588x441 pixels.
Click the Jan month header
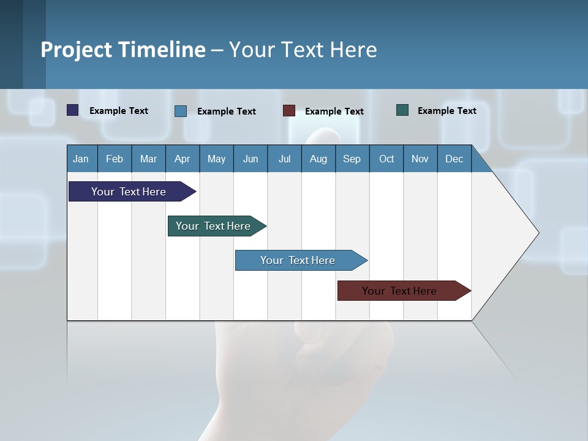pyautogui.click(x=81, y=159)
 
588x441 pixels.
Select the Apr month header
pyautogui.click(x=183, y=159)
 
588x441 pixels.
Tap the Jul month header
pyautogui.click(x=284, y=159)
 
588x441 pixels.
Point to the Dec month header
pyautogui.click(x=454, y=159)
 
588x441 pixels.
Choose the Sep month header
pyautogui.click(x=352, y=159)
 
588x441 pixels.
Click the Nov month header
pyautogui.click(x=420, y=159)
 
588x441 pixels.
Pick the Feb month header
pyautogui.click(x=115, y=159)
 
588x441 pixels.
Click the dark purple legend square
pyautogui.click(x=72, y=110)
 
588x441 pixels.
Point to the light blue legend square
pyautogui.click(x=180, y=111)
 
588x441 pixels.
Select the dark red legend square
pyautogui.click(x=288, y=111)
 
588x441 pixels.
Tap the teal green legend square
pyautogui.click(x=402, y=110)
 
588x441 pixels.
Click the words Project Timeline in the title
pyautogui.click(x=123, y=50)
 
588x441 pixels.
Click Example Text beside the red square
pyautogui.click(x=334, y=111)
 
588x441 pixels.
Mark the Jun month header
pyautogui.click(x=251, y=159)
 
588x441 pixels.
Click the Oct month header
pyautogui.click(x=386, y=159)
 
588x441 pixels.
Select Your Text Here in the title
pyautogui.click(x=303, y=50)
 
